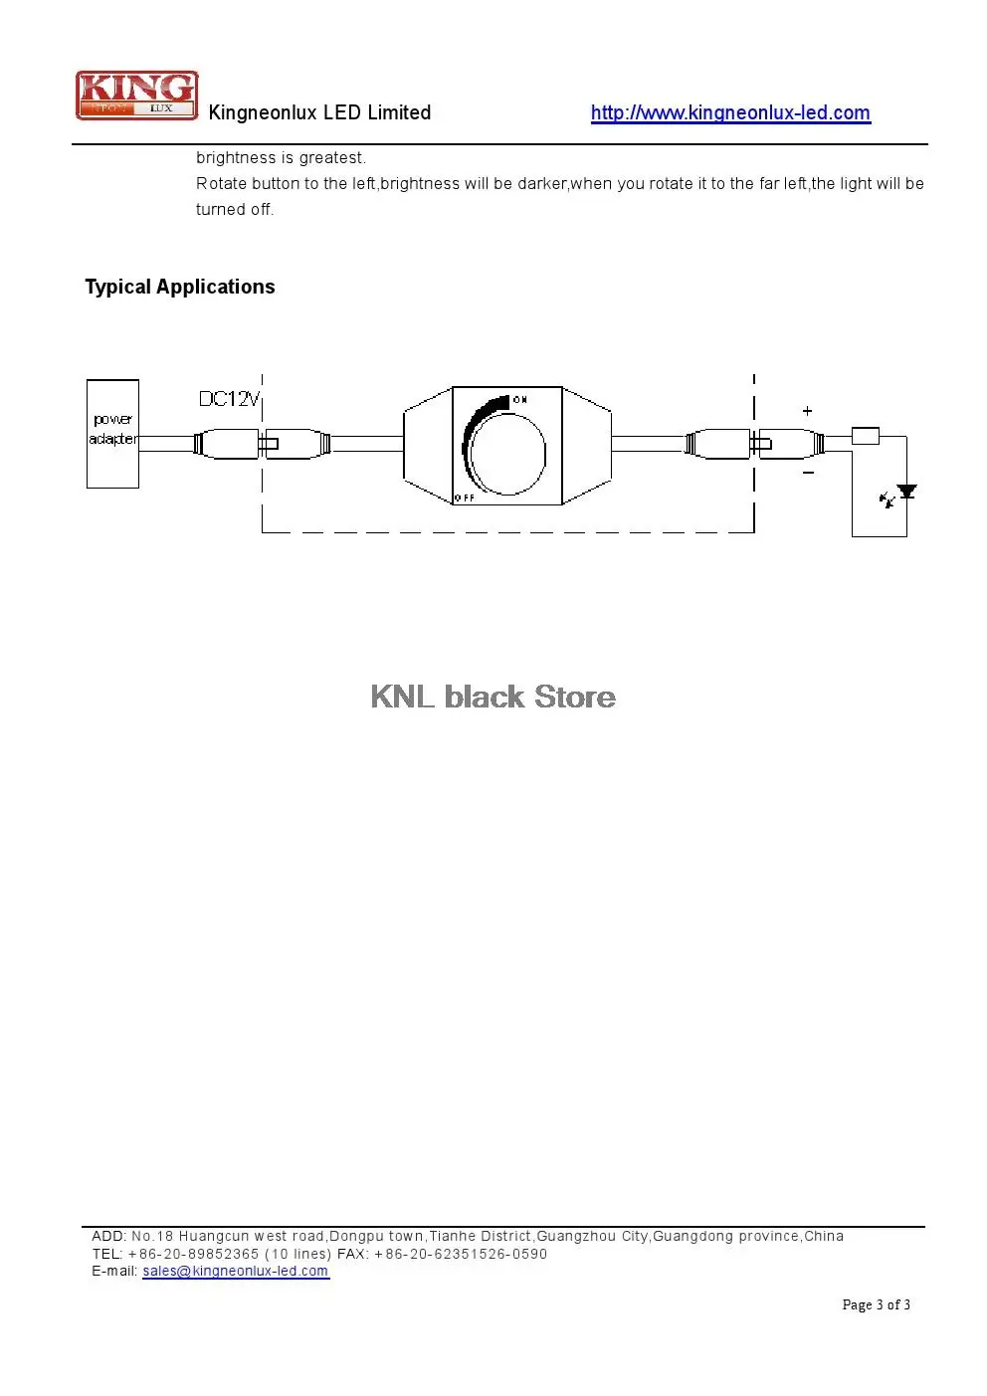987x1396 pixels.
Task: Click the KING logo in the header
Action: click(137, 96)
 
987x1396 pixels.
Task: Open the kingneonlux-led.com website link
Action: click(730, 112)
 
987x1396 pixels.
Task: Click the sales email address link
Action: click(236, 1271)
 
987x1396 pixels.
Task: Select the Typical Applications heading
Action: click(180, 287)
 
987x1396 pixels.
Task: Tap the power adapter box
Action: click(112, 434)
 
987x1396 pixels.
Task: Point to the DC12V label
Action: click(229, 399)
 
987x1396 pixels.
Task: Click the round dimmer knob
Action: click(507, 453)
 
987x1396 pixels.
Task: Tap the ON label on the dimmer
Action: click(519, 399)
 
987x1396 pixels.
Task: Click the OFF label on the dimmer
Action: click(465, 498)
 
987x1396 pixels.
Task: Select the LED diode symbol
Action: click(906, 492)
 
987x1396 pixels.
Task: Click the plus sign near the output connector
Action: click(808, 411)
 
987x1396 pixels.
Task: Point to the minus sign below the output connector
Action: click(808, 473)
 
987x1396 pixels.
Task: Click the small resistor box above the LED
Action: click(866, 436)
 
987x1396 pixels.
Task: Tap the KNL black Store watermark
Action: click(493, 697)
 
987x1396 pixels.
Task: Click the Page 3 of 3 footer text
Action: click(877, 1304)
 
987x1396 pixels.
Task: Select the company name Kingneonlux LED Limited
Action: click(319, 112)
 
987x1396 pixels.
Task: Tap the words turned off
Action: click(235, 209)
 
